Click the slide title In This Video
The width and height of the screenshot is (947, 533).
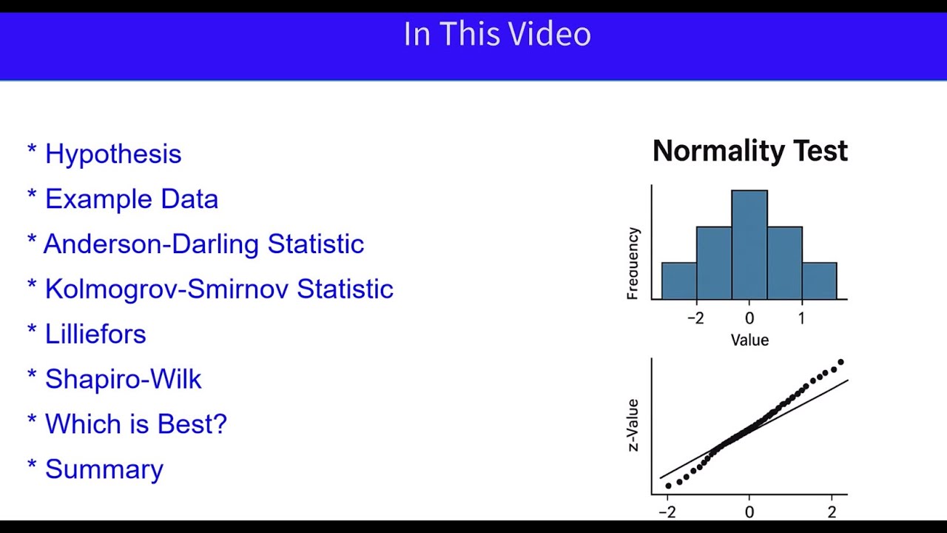coord(497,35)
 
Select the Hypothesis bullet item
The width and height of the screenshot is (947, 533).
coord(112,154)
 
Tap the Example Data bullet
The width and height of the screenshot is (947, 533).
coord(131,199)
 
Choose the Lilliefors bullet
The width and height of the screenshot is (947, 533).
coord(95,334)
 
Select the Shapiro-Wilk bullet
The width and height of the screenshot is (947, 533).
coord(123,379)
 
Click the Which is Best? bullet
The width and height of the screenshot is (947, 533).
coord(135,424)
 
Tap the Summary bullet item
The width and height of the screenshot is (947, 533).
coord(104,469)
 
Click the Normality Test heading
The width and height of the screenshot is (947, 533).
coord(749,151)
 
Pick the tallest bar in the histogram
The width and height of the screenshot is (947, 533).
coord(749,244)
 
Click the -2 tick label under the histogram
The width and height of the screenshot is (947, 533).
coord(695,318)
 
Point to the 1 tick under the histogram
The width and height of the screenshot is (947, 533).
coord(801,318)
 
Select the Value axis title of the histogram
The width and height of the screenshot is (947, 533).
coord(749,341)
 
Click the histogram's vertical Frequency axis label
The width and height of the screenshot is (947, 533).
coord(633,264)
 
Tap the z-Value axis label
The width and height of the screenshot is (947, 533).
coord(633,425)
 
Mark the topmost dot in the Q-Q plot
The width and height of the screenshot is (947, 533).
coord(840,362)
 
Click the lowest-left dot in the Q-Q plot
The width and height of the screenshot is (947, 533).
coord(668,486)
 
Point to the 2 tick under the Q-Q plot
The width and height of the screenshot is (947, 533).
coord(832,512)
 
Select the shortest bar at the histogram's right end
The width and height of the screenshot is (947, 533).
coord(819,281)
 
